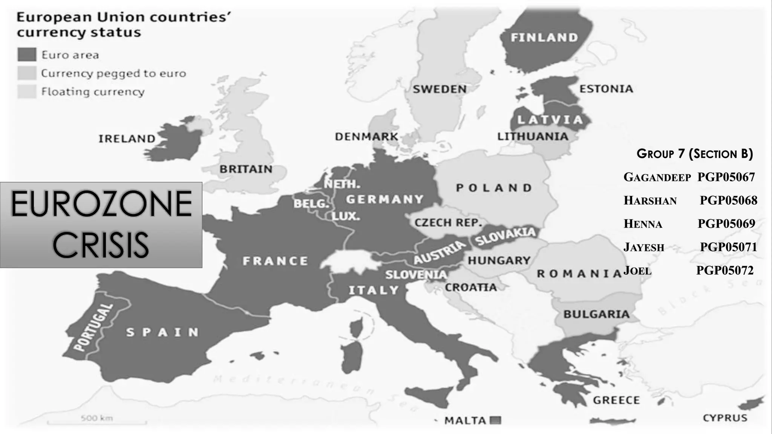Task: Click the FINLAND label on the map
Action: pos(544,37)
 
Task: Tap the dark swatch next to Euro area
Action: pos(27,55)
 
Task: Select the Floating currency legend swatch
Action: pos(27,92)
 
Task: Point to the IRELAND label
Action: pos(127,139)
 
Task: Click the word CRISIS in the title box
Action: pos(101,245)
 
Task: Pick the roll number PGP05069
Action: pos(726,224)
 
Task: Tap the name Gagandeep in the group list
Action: pos(657,177)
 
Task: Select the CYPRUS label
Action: pos(725,418)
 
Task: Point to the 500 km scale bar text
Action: pos(96,418)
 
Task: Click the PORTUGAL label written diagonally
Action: pos(93,327)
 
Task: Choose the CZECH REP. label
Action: pos(448,223)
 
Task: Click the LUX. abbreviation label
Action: pos(346,216)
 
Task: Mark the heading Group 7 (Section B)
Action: pos(694,154)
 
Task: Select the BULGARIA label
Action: pos(596,314)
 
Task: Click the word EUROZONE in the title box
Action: pos(101,204)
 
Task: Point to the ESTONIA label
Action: pos(606,89)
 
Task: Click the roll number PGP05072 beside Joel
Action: pos(725,270)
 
